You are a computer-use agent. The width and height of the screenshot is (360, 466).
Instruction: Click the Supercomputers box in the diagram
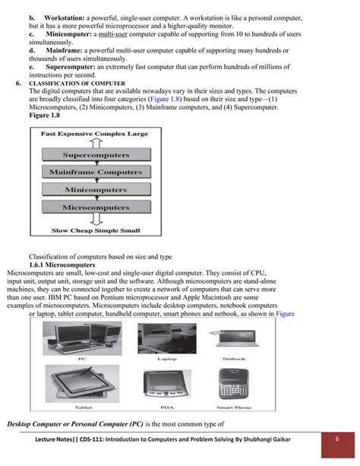tap(96, 156)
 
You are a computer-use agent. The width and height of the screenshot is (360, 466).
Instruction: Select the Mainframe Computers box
tap(96, 173)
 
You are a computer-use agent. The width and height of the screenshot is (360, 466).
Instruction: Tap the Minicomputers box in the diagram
tap(96, 189)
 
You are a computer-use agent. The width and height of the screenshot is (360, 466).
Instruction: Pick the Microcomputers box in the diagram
tap(96, 206)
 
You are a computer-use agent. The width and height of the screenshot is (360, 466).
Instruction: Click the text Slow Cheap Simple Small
tap(95, 229)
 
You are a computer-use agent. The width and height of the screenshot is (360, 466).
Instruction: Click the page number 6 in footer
tap(337, 441)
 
